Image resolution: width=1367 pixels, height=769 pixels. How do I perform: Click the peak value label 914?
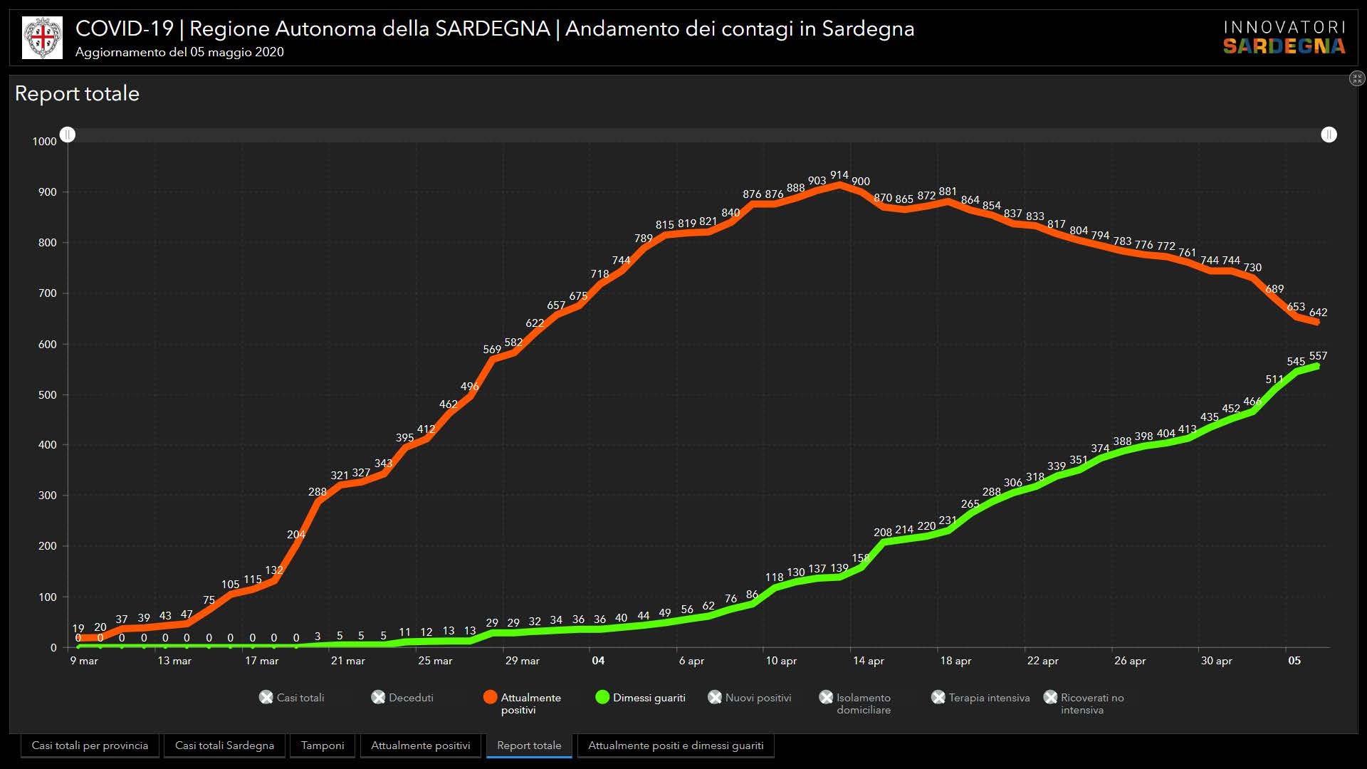[x=839, y=175]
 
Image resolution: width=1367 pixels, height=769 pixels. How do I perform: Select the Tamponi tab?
[x=322, y=746]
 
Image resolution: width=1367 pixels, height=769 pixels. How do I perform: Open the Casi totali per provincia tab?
[x=90, y=746]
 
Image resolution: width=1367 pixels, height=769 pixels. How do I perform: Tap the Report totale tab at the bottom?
[x=529, y=746]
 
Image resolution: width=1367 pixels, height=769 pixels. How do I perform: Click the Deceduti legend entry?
[x=403, y=698]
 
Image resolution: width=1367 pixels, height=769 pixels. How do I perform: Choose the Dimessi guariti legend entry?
[x=640, y=698]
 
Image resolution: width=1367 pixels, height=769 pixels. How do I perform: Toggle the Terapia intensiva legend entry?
[x=980, y=698]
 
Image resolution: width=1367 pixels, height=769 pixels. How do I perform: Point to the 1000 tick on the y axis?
[x=44, y=142]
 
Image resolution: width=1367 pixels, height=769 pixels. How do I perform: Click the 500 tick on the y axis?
[x=48, y=395]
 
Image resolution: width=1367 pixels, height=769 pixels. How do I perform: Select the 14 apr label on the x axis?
[x=869, y=661]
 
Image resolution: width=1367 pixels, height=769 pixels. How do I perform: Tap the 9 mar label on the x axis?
[x=84, y=661]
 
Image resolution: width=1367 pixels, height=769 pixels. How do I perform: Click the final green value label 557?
[x=1318, y=356]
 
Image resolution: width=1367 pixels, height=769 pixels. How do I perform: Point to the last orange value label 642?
[x=1318, y=313]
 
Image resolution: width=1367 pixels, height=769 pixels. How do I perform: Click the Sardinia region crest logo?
[x=42, y=38]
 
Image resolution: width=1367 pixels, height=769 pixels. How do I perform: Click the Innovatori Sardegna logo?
[x=1284, y=38]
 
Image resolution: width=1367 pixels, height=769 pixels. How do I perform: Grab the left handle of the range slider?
[x=68, y=135]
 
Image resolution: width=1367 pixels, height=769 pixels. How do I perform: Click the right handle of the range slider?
[x=1329, y=135]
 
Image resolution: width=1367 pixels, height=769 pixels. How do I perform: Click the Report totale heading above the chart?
[x=77, y=94]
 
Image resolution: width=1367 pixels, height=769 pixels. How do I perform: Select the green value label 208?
[x=883, y=533]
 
